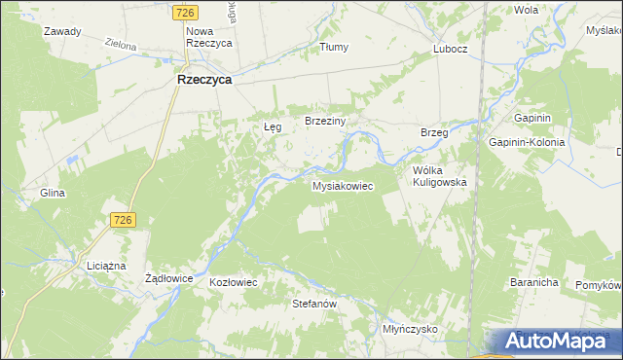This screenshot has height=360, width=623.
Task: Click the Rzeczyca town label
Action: click(x=203, y=81)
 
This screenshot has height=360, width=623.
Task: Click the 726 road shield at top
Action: click(x=188, y=13)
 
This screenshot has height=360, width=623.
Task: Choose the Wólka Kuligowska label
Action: click(x=440, y=175)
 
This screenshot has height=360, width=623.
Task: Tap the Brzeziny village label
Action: click(x=333, y=121)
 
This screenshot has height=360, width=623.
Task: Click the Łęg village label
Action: click(x=274, y=127)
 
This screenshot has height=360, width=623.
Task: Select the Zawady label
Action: click(x=62, y=31)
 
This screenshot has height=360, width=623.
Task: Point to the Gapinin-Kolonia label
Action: click(x=528, y=141)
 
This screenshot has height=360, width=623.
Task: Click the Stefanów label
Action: click(x=314, y=305)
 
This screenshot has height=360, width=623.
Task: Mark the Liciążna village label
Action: click(x=106, y=266)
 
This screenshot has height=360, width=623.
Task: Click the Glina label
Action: click(x=53, y=193)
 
